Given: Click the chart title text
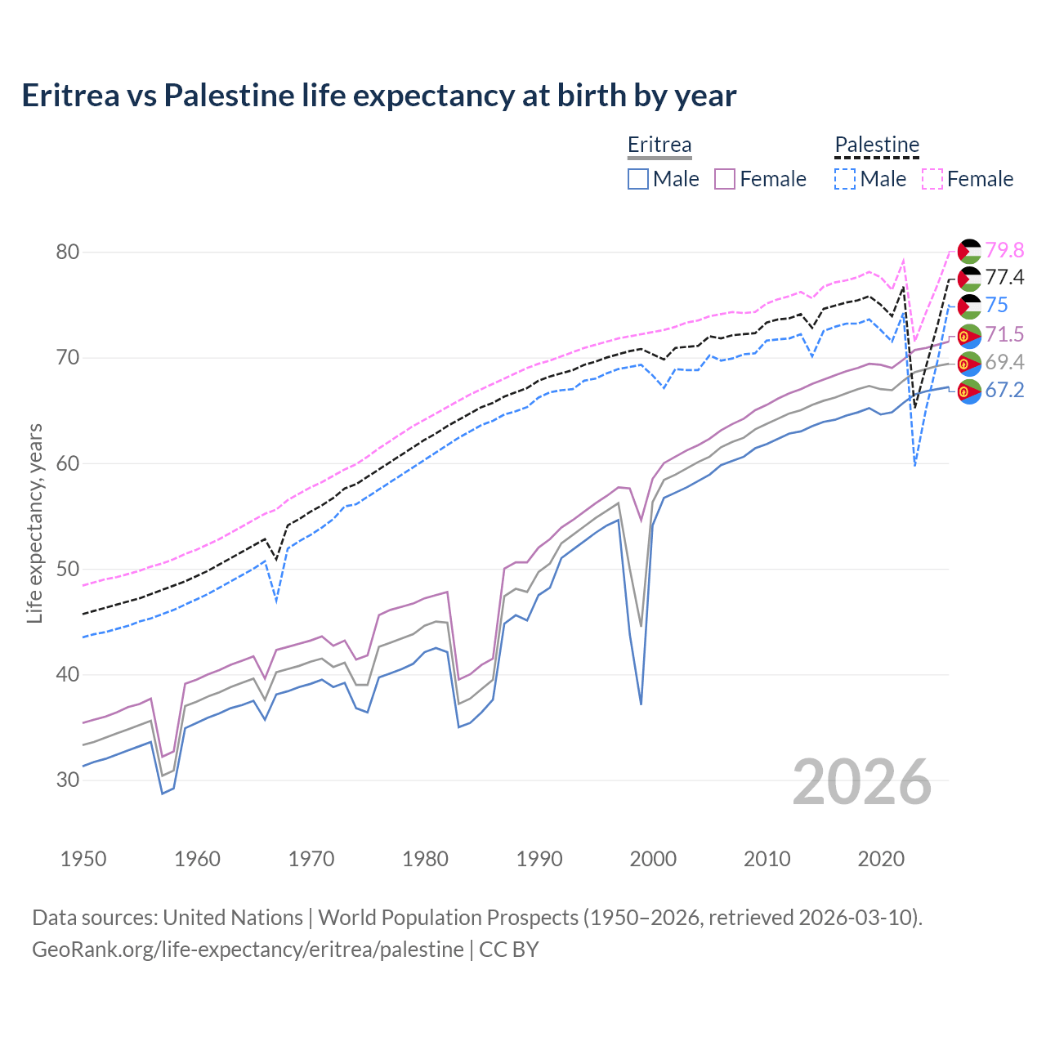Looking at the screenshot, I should click(378, 96).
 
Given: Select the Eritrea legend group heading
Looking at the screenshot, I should click(659, 145).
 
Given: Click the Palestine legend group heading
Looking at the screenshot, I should click(876, 145).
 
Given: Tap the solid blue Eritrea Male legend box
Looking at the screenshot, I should click(638, 179).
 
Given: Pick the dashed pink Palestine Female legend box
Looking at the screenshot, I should click(932, 179).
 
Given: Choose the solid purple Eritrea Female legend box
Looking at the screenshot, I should click(725, 179).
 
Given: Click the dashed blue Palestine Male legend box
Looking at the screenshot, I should click(845, 179).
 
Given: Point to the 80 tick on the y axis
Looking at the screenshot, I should click(68, 252).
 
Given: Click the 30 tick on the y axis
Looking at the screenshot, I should click(68, 780).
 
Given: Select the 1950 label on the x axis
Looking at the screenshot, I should click(83, 859).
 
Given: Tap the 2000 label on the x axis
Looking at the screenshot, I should click(653, 859).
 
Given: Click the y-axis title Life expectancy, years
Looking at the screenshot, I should click(35, 523).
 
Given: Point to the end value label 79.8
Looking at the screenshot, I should click(1004, 250).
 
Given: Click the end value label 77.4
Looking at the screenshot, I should click(1004, 278).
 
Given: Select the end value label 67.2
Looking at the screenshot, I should click(1004, 391).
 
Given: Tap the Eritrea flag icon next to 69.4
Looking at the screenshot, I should click(969, 363).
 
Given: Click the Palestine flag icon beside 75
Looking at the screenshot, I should click(969, 306).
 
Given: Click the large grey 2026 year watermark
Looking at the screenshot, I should click(861, 782).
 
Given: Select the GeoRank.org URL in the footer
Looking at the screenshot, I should click(248, 950).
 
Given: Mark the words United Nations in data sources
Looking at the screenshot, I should click(233, 918).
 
